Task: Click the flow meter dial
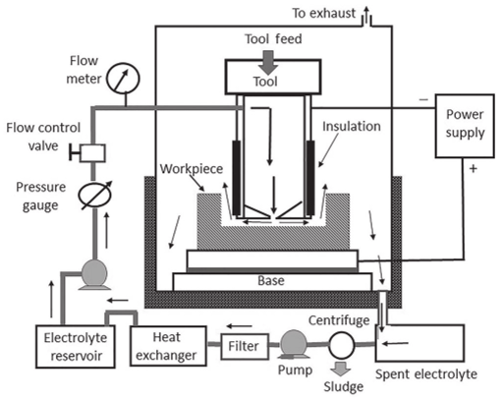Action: point(124,79)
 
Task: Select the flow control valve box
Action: point(92,153)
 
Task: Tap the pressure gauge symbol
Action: point(94,196)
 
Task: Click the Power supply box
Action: point(465,126)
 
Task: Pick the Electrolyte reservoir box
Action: point(76,346)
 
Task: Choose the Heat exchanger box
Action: point(168,346)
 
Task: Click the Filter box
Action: point(245,346)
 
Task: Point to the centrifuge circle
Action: point(342,345)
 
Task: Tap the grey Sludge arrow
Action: point(341,369)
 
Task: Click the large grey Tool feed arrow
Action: point(268,63)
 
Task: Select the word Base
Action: point(271,281)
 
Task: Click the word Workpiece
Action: point(192,169)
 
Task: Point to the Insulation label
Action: point(352,127)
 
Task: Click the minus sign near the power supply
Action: point(423,99)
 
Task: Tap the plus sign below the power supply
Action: point(473,169)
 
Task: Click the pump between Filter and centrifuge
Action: point(294,344)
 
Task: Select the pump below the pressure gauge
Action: point(94,274)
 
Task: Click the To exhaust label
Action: point(323,14)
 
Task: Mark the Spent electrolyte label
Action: point(426,374)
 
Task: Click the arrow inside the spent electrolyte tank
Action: point(396,343)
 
